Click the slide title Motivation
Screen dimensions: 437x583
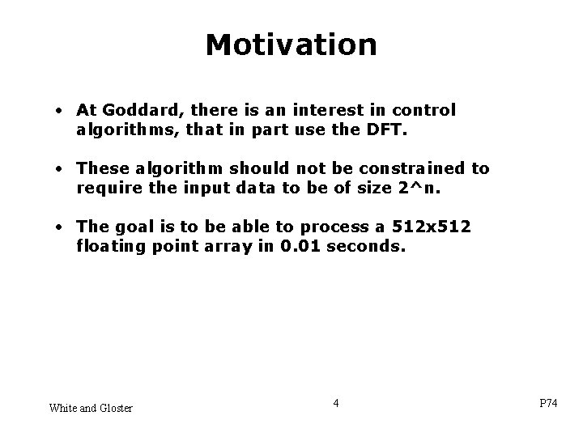point(291,45)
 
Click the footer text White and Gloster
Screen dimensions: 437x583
point(91,407)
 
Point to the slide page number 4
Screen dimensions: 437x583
point(336,402)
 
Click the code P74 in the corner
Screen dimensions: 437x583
point(548,404)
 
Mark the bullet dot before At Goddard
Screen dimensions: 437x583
point(62,110)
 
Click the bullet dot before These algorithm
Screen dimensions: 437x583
point(62,168)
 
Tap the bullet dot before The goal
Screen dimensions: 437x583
point(62,227)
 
